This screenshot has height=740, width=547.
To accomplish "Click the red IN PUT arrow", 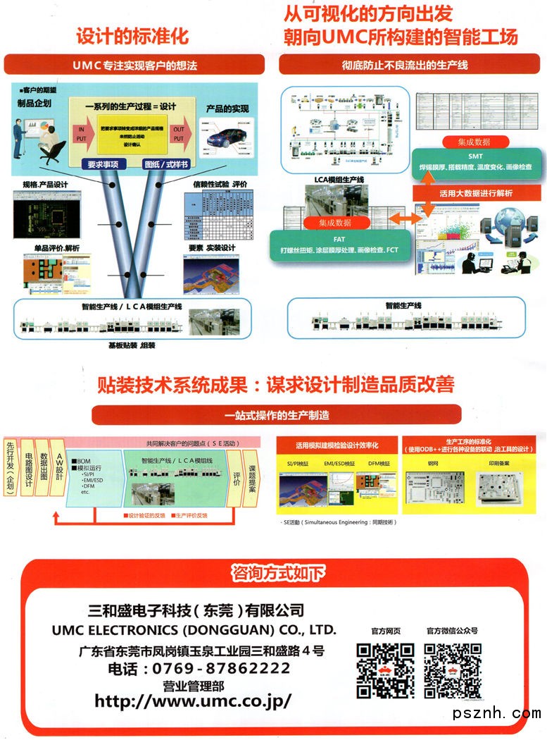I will coord(82,134).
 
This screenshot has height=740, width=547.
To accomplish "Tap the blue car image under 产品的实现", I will coord(227,138).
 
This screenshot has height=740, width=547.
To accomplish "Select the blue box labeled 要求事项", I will coord(107,164).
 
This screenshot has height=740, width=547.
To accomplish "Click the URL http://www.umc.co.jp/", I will coord(193,701).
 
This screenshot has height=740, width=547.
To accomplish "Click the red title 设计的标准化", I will coord(132,36).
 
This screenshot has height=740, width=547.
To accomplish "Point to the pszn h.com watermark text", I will coord(497,714).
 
